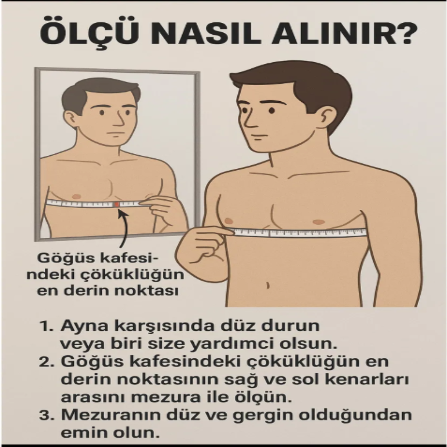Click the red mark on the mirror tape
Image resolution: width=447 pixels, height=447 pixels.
coord(117,204)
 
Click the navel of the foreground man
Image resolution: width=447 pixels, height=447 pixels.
coord(268,285)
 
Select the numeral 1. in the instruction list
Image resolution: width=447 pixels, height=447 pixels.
coord(47,327)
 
